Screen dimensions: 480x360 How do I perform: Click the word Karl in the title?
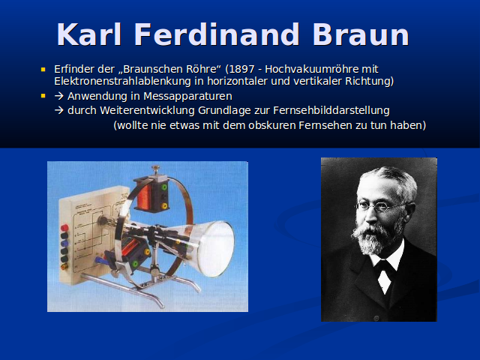(89, 34)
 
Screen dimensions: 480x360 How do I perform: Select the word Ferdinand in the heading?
(217, 34)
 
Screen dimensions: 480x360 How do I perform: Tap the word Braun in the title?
(361, 34)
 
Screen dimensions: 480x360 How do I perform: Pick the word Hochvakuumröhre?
(311, 69)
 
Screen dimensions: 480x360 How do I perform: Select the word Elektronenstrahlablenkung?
(122, 82)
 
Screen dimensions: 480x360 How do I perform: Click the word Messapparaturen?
(187, 97)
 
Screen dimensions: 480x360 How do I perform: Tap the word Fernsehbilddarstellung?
(331, 110)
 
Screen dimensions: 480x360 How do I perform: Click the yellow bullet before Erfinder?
(43, 70)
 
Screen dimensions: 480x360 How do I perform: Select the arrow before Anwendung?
(58, 96)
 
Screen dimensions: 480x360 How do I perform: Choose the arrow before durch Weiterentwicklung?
(58, 110)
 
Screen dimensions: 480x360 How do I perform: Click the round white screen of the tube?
(216, 248)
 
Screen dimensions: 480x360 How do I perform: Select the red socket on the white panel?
(64, 228)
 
